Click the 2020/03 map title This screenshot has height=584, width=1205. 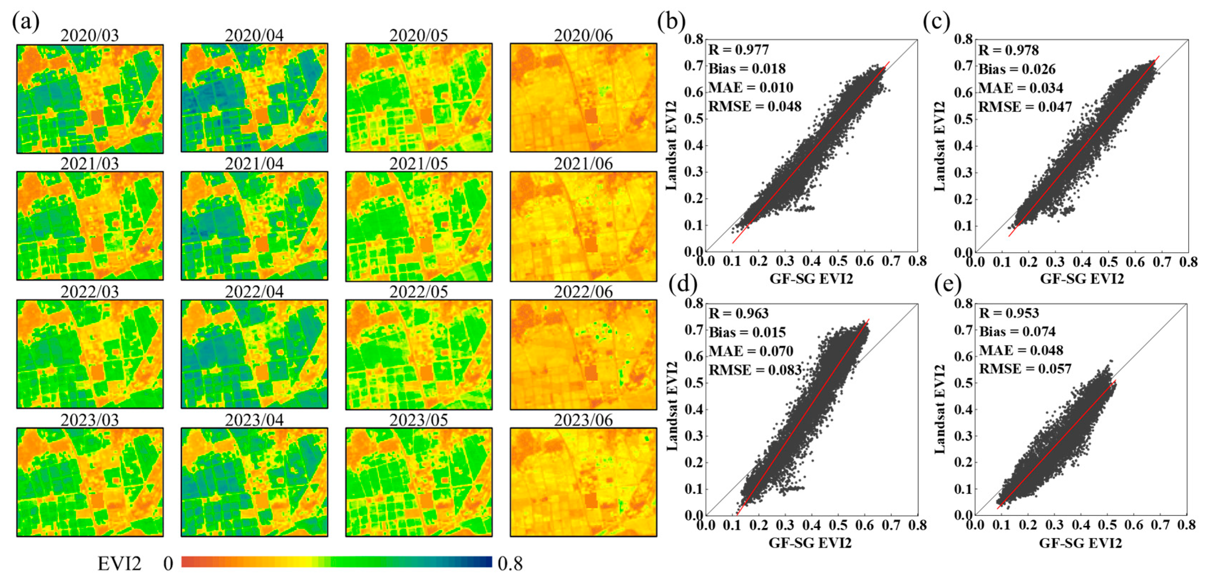[89, 36]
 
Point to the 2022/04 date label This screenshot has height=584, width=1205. [254, 292]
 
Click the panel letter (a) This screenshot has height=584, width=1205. [26, 21]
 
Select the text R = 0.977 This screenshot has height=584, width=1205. [738, 50]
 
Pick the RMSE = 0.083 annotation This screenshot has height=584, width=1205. [755, 370]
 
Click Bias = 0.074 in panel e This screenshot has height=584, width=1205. [1018, 331]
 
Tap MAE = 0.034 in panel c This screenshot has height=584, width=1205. [1021, 88]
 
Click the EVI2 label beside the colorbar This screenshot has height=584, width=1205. [119, 564]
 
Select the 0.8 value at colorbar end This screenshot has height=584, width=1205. [510, 564]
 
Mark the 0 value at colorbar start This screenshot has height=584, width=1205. [168, 564]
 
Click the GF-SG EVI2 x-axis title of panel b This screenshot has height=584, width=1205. [811, 279]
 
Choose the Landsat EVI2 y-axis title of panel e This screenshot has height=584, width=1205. [939, 409]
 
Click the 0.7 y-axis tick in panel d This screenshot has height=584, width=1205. [694, 330]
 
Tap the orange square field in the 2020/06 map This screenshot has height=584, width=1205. [591, 116]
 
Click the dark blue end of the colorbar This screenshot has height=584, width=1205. [486, 562]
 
